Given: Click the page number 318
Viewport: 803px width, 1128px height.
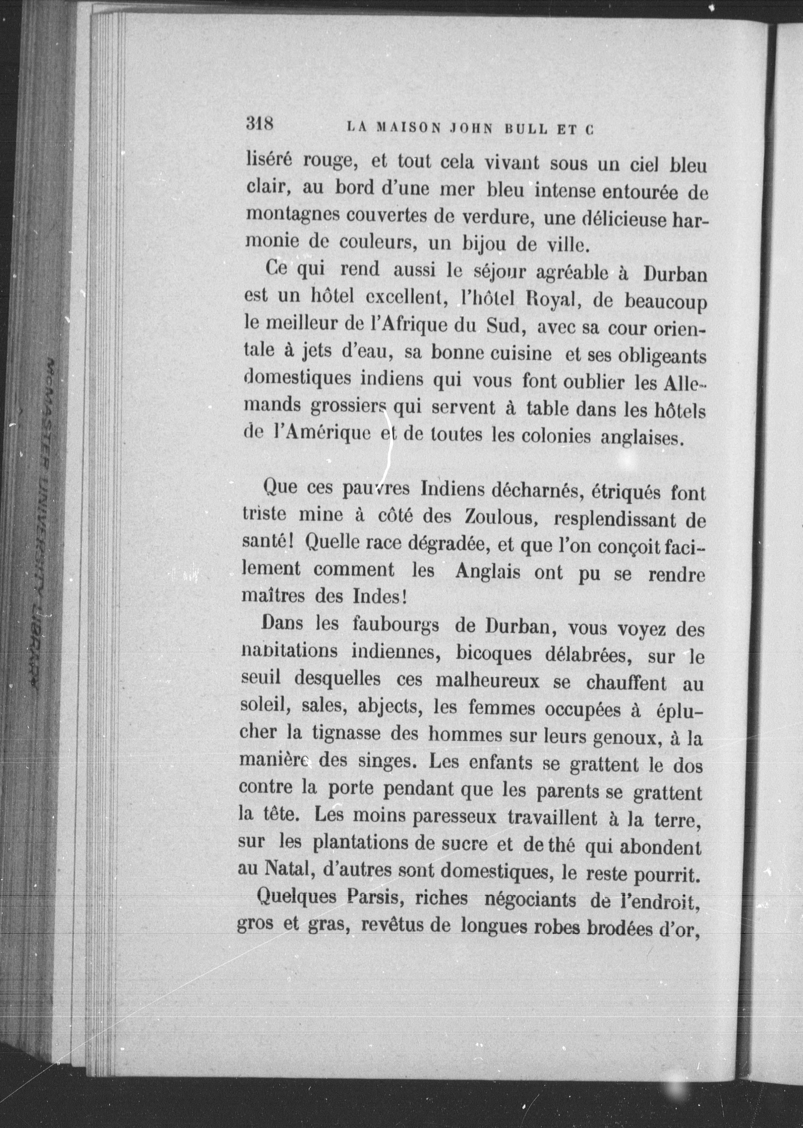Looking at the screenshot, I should [260, 123].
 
